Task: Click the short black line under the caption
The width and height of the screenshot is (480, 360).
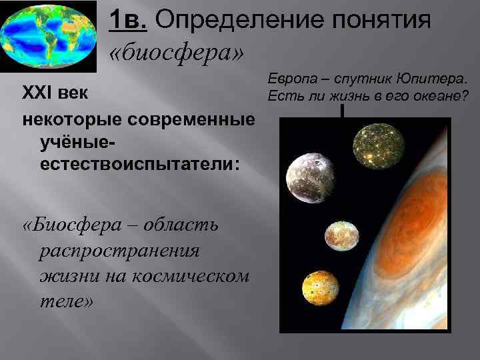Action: [342, 111]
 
